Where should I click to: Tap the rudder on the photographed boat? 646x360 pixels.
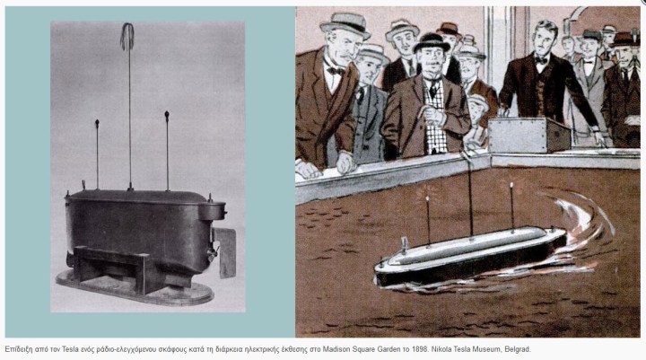pos(225,252)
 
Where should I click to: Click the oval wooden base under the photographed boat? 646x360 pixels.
pos(135,288)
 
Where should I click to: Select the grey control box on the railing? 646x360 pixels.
pos(529,136)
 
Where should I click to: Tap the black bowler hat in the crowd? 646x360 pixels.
pos(432,42)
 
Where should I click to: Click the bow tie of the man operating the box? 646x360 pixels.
pos(541,60)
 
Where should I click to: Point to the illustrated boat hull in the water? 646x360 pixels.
pos(469,257)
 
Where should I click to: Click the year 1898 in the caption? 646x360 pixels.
pos(419,350)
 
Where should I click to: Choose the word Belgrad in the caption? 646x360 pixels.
pos(519,350)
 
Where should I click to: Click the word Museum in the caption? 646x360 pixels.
pos(490,350)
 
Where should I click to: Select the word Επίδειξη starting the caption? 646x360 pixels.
pos(19,350)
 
